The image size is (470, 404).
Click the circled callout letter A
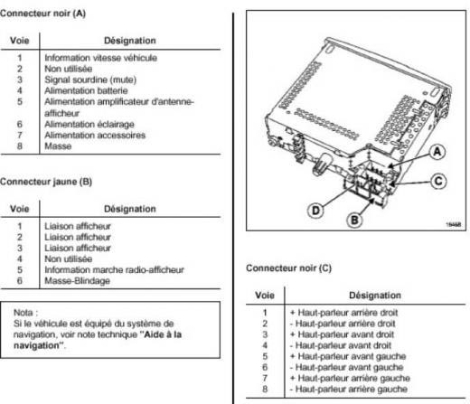click(x=437, y=152)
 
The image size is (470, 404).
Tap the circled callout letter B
click(x=354, y=220)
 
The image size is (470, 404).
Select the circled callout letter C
click(x=438, y=182)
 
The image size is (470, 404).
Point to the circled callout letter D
click(x=315, y=210)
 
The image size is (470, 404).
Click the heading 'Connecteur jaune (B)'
click(x=46, y=182)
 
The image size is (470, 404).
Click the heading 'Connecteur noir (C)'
click(x=288, y=268)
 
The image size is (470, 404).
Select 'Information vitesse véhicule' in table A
click(x=101, y=58)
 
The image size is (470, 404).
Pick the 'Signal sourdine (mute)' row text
click(x=90, y=80)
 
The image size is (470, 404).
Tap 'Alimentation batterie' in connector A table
click(x=86, y=90)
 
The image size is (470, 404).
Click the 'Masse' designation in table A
click(x=58, y=146)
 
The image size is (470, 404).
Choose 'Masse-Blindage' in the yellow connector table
click(x=77, y=281)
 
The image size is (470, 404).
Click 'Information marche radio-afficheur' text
click(x=114, y=269)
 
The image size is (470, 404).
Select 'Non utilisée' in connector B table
click(x=69, y=258)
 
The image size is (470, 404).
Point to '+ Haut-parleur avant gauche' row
click(x=348, y=356)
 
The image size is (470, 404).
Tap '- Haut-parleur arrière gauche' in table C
click(x=349, y=389)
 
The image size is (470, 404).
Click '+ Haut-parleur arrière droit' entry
click(x=343, y=313)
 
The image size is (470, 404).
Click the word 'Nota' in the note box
click(x=23, y=313)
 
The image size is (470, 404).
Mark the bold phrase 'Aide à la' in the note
click(x=161, y=334)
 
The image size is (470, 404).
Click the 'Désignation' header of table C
click(x=375, y=296)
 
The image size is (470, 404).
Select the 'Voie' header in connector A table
click(x=20, y=41)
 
